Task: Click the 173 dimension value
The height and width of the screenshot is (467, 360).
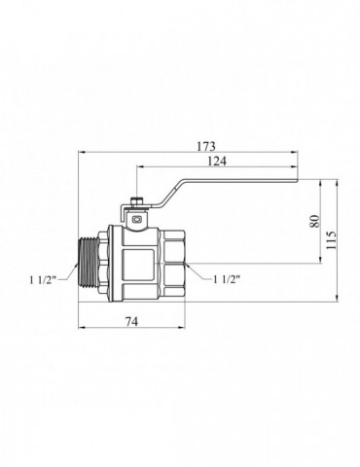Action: (206, 146)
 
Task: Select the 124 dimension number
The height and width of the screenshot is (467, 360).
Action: (217, 162)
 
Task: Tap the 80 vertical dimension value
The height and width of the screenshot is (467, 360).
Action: (315, 221)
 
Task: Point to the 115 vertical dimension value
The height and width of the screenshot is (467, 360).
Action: (331, 240)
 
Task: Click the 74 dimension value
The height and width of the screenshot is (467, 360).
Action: (131, 321)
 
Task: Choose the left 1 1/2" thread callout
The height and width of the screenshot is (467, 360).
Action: (44, 280)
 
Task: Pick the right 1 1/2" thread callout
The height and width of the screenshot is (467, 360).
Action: (227, 279)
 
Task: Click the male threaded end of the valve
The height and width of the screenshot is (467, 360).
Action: (89, 265)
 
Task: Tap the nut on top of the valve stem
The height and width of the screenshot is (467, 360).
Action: (137, 202)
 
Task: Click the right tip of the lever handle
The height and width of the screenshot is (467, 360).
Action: (298, 180)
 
